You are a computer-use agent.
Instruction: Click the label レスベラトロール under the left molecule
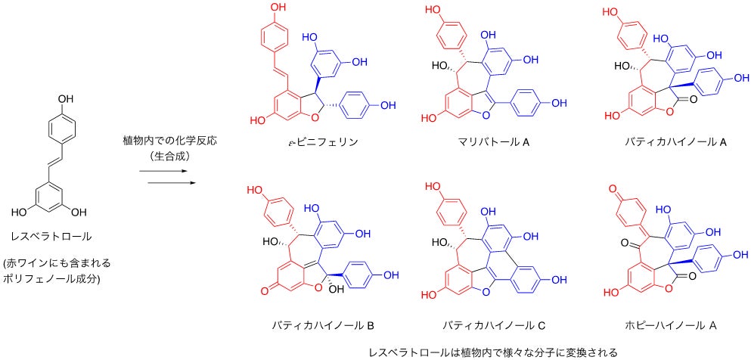pos(57,237)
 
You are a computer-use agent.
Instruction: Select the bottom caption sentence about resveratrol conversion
pos(483,352)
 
